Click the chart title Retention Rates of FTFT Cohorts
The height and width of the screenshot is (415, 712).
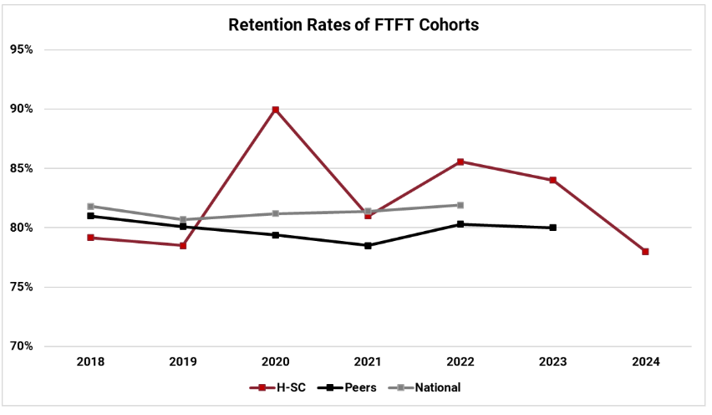pyautogui.click(x=353, y=25)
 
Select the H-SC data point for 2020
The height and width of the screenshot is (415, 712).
pyautogui.click(x=275, y=110)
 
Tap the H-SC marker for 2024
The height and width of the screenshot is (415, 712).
pyautogui.click(x=645, y=252)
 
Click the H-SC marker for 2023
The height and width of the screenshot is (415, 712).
pyautogui.click(x=552, y=180)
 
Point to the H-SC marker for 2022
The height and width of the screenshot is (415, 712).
pyautogui.click(x=460, y=161)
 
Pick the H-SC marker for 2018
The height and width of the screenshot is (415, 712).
pyautogui.click(x=90, y=238)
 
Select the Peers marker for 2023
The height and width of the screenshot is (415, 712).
pyautogui.click(x=552, y=228)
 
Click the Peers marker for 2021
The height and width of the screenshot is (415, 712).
pyautogui.click(x=368, y=245)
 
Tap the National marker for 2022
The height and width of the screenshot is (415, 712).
pyautogui.click(x=460, y=205)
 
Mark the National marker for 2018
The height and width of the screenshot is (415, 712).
pyautogui.click(x=90, y=206)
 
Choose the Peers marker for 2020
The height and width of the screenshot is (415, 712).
pyautogui.click(x=275, y=235)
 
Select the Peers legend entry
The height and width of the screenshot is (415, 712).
pyautogui.click(x=348, y=387)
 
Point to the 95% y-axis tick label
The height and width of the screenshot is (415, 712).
pyautogui.click(x=22, y=49)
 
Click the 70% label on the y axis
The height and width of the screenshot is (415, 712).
pyautogui.click(x=22, y=346)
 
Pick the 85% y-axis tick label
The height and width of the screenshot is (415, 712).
pyautogui.click(x=22, y=168)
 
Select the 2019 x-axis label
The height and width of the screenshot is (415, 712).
pyautogui.click(x=182, y=362)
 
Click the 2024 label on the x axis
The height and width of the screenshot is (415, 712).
pyautogui.click(x=645, y=362)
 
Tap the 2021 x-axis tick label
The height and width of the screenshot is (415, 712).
pyautogui.click(x=368, y=362)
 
